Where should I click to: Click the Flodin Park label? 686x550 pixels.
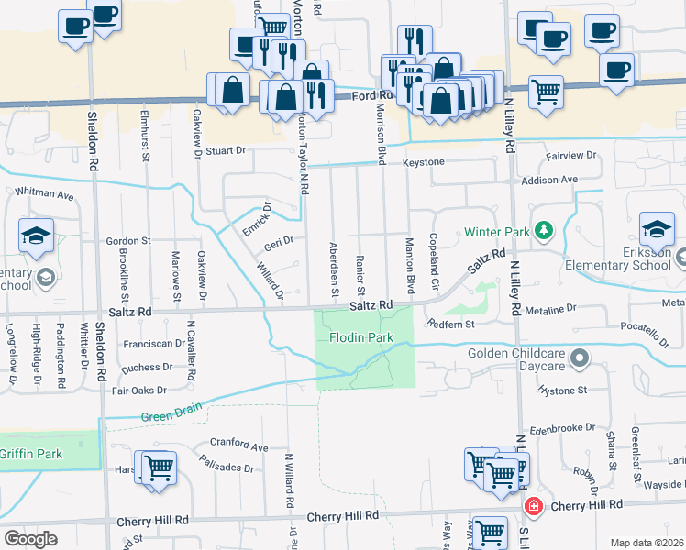coord(361,337)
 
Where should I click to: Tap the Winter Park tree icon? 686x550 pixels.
coord(544,229)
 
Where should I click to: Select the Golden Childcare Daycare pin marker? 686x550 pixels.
coord(579,357)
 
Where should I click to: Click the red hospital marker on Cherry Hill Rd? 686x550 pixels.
coord(531,506)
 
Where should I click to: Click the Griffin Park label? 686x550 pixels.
coord(30,453)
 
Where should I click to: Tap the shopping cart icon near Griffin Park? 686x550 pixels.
coord(159,468)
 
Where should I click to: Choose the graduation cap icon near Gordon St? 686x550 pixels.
coord(36,238)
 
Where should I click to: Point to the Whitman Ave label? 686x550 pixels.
coord(44,194)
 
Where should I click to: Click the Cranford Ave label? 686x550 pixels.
coord(238,445)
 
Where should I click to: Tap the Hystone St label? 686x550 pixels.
coord(564,390)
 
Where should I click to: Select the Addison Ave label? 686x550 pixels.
coord(549,180)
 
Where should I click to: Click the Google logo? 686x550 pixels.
coord(30,538)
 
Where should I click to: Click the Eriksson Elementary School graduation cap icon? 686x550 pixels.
coord(657,227)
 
